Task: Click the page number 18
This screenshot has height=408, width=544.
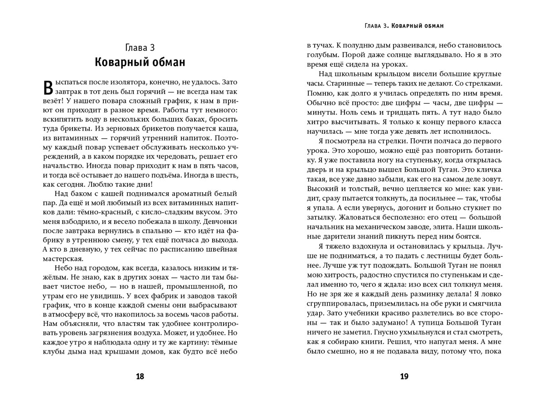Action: [x=140, y=376]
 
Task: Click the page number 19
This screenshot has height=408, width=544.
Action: [x=404, y=376]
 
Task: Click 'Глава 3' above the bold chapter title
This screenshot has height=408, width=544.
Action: [x=140, y=47]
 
